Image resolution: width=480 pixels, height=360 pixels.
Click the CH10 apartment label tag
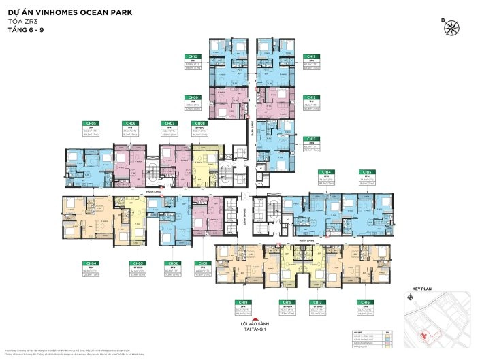pyautogui.click(x=193, y=56)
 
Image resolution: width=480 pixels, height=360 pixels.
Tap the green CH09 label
pyautogui.click(x=193, y=97)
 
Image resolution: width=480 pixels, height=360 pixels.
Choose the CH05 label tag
pyautogui.click(x=89, y=123)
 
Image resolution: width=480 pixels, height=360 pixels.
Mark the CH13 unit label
pyautogui.click(x=310, y=138)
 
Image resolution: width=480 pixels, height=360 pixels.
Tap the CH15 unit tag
pyautogui.click(x=367, y=172)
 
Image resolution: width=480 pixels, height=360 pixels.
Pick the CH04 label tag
pyautogui.click(x=91, y=263)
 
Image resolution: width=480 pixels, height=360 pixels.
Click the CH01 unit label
pyautogui.click(x=202, y=263)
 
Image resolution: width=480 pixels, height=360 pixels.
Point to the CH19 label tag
pyautogui.click(x=241, y=301)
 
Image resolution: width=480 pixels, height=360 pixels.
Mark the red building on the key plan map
pyautogui.click(x=425, y=335)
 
